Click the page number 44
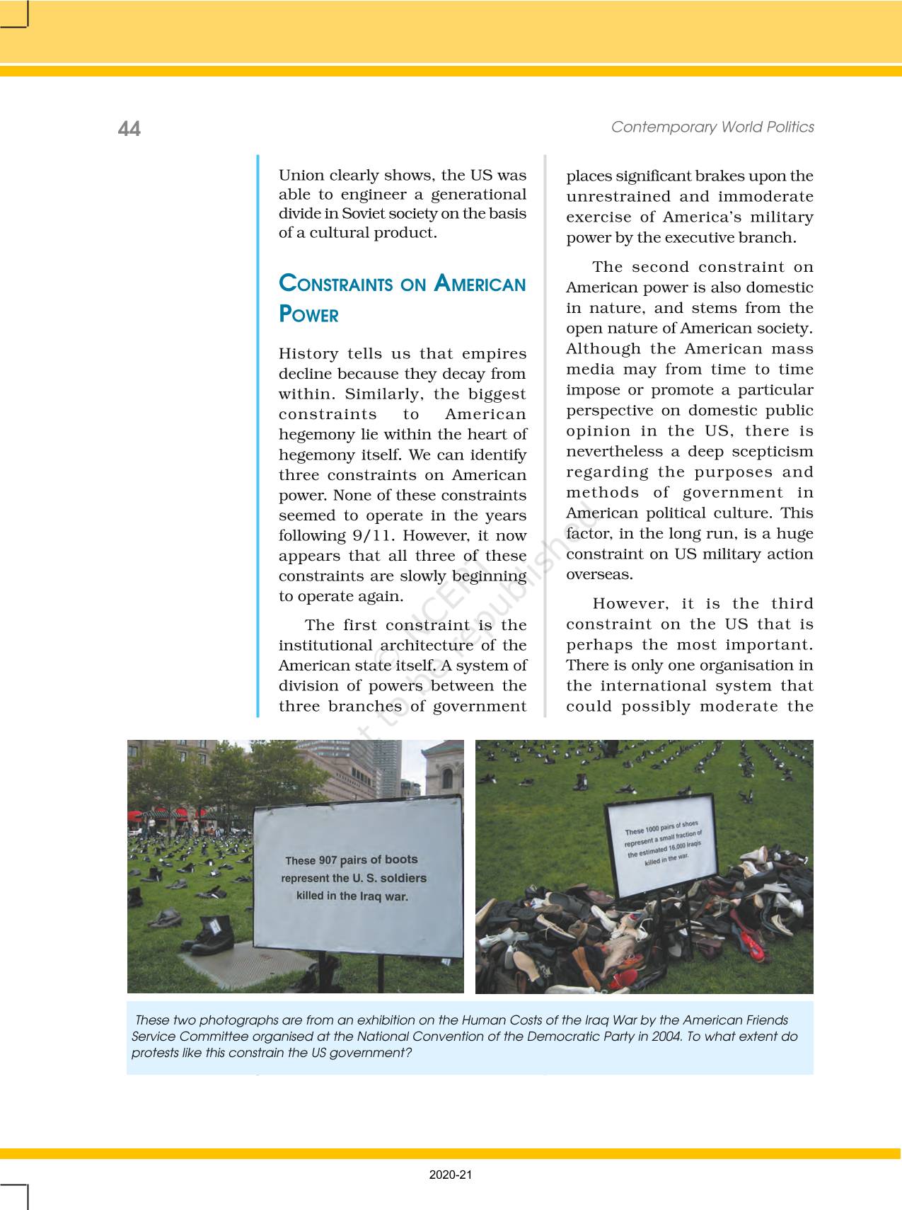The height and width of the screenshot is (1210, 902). (x=129, y=129)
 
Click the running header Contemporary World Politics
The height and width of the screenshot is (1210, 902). (x=712, y=127)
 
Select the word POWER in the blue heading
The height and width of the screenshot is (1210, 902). (x=309, y=315)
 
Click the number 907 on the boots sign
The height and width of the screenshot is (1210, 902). (x=327, y=861)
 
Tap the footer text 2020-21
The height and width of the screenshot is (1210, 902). (x=450, y=1175)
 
